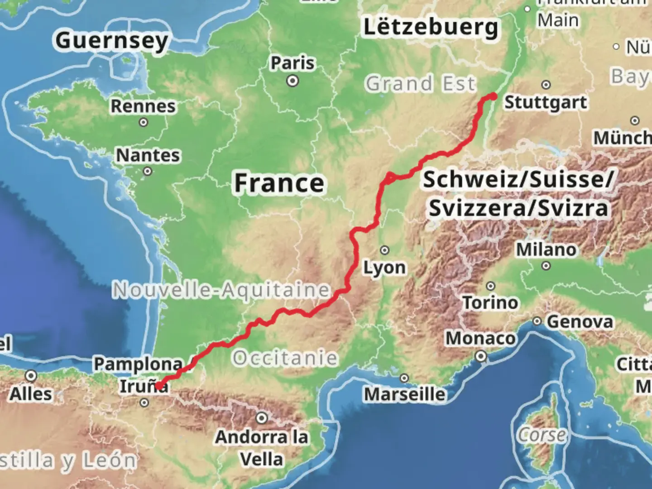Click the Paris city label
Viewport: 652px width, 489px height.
[x=292, y=63]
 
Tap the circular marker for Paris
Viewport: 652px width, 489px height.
[x=293, y=81]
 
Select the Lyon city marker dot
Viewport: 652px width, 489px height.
[x=384, y=250]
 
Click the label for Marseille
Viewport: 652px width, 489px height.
[x=405, y=394]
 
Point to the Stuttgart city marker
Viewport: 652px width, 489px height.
[x=546, y=85]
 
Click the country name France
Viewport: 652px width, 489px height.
[x=279, y=183]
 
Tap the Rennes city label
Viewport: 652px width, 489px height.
[x=143, y=106]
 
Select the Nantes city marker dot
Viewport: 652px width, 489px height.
[x=147, y=171]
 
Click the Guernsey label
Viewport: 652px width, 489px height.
[x=112, y=41]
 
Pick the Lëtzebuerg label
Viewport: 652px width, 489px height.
[x=431, y=27]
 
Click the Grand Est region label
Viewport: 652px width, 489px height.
[x=420, y=84]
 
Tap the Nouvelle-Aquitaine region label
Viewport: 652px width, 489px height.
[x=221, y=290]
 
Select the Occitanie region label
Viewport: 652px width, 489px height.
[x=285, y=358]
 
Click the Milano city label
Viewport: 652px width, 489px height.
[x=546, y=249]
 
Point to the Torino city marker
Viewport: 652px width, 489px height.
[x=490, y=286]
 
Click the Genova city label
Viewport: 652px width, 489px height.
[x=580, y=322]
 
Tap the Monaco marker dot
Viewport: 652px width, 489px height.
[x=481, y=357]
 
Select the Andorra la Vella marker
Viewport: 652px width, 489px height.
[x=262, y=418]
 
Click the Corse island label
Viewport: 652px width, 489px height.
[x=542, y=435]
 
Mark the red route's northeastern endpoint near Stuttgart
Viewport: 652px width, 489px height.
[x=494, y=96]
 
